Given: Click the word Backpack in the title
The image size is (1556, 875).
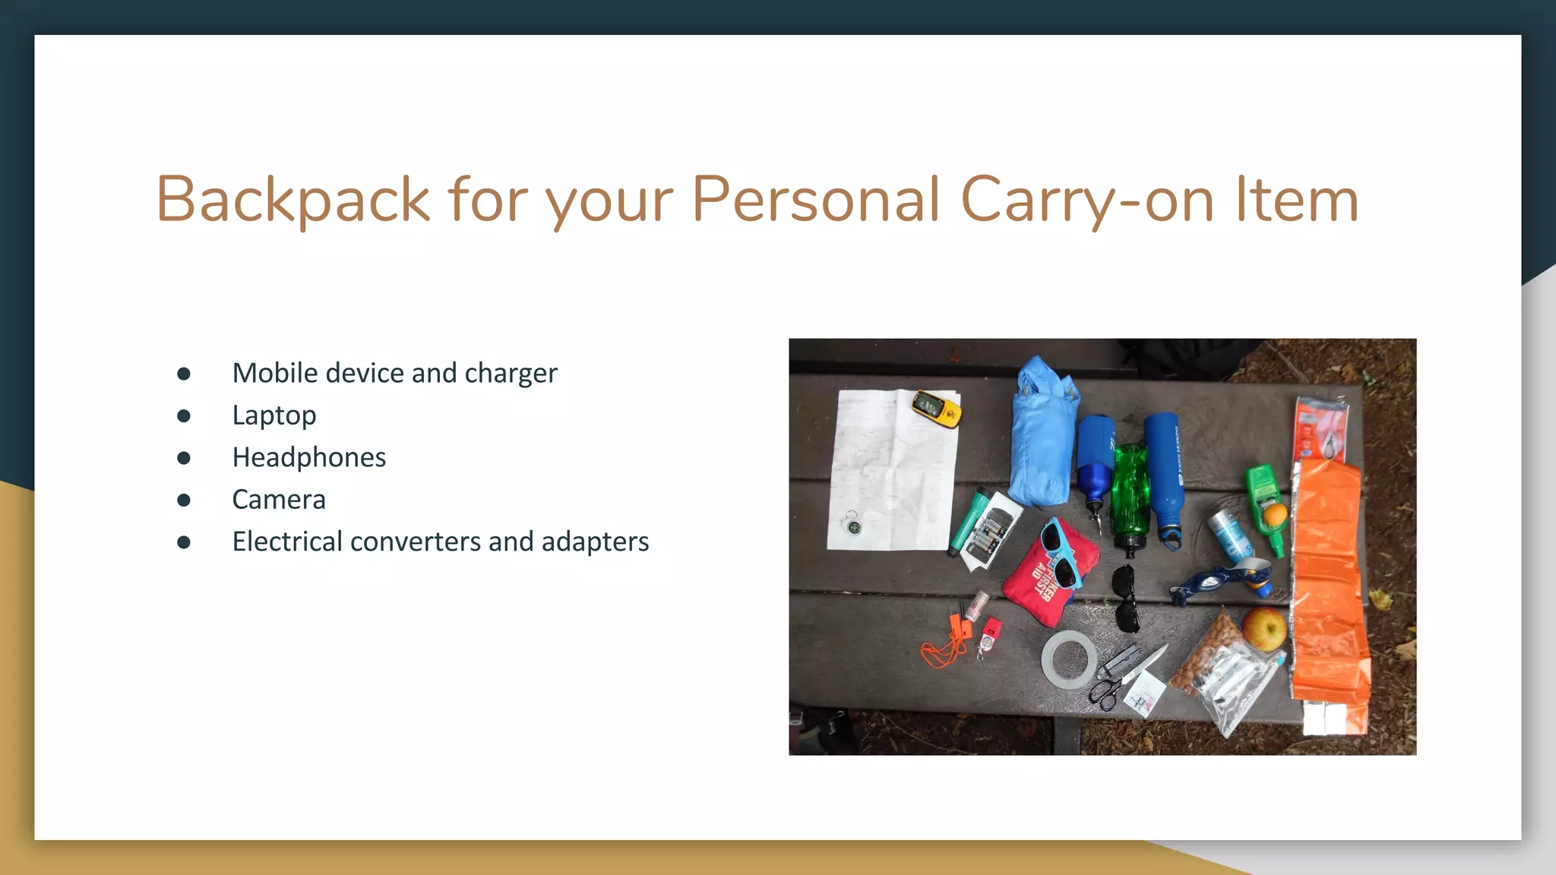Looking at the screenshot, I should point(293,199).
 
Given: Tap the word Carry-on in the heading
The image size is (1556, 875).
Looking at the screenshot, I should point(1087,199).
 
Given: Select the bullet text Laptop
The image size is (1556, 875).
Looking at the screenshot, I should point(274,415).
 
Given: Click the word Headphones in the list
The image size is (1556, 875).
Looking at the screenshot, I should point(308,457).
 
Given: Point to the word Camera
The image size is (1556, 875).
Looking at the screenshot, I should point(278,500).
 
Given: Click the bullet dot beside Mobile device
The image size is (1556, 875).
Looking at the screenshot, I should point(184,374).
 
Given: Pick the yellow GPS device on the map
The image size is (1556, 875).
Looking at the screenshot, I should point(937,408).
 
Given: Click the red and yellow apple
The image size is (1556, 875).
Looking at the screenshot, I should point(1263,628).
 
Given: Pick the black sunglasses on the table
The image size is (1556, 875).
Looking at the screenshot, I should point(1125,598).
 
